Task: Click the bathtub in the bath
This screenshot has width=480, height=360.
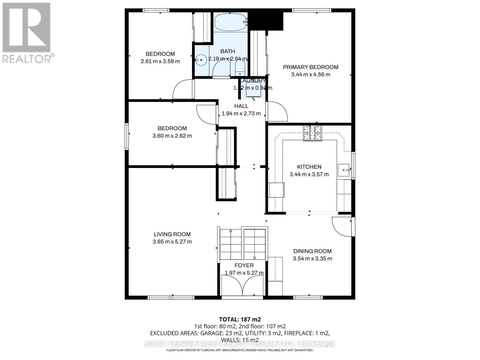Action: [x=230, y=23]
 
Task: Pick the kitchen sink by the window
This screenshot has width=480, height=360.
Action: [x=343, y=170]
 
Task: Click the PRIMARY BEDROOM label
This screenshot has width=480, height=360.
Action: [x=310, y=67]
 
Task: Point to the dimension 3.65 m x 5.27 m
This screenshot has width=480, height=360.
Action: [x=172, y=242]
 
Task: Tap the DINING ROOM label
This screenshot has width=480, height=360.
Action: [x=312, y=251]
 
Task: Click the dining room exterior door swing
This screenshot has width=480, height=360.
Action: [x=341, y=226]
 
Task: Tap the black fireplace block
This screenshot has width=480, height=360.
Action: [x=266, y=20]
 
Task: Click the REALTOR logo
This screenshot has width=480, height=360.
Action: [x=27, y=33]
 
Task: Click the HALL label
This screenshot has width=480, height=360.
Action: [x=241, y=106]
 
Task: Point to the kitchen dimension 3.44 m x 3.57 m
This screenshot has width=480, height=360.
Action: [x=309, y=174]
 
